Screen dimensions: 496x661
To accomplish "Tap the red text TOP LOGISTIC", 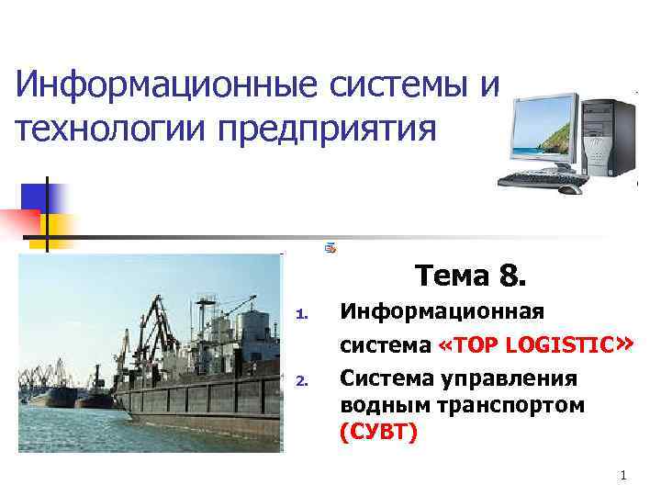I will point(532,345).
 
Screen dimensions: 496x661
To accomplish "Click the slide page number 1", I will point(623,476).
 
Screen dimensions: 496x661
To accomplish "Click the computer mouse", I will point(569,189).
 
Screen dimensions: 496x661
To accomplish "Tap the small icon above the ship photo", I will point(330,248).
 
